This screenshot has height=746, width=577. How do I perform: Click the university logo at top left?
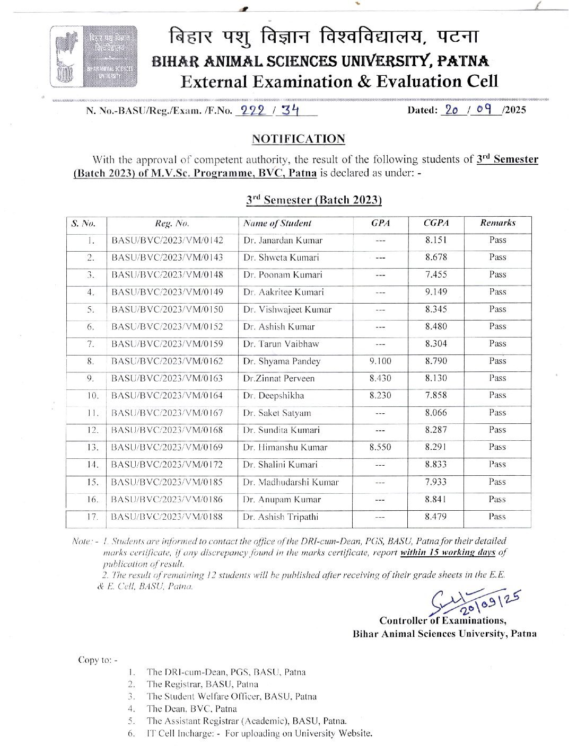coord(94,56)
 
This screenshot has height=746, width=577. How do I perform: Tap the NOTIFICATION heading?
coord(298,139)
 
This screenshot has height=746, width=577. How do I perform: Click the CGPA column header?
coord(436,223)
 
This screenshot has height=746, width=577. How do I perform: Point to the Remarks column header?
coord(497,223)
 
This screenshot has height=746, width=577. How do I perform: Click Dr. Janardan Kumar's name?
coord(283,241)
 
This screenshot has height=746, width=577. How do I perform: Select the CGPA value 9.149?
coord(436,292)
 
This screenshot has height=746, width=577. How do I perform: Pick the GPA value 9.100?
coord(380,361)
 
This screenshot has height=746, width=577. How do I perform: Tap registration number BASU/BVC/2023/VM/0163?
coord(167,378)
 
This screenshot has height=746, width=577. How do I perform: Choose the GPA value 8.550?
coord(380,447)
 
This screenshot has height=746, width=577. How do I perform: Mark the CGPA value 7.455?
coord(436,274)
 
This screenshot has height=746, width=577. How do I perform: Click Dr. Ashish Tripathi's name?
coord(281,517)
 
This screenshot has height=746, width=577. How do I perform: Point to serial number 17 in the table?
coord(92,517)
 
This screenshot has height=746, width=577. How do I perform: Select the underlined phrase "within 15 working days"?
coord(448,552)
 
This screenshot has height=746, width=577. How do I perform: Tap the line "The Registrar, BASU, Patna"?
coord(202,684)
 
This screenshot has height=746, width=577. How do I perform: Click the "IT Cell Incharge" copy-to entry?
coord(259,733)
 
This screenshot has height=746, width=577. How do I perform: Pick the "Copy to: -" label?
coord(98,660)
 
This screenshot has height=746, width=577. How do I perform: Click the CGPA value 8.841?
coord(436,499)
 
